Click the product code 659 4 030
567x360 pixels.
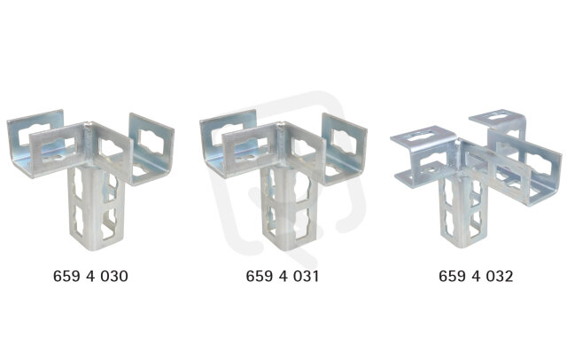[x=90, y=276]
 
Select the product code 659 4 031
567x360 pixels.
[x=283, y=276]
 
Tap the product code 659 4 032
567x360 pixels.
[x=476, y=276]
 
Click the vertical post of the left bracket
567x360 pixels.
[x=97, y=210]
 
